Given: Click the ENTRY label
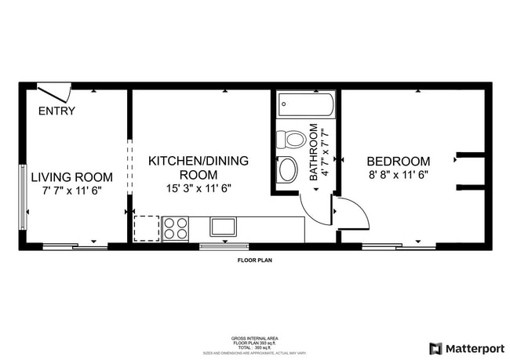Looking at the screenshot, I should click(x=56, y=111).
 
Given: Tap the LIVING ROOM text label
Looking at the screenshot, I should click(x=71, y=177).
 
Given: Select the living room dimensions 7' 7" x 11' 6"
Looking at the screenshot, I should click(x=71, y=190).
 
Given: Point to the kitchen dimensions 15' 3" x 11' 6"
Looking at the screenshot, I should click(x=199, y=188).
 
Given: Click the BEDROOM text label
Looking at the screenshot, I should click(x=399, y=161).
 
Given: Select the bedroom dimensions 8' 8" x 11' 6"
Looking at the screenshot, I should click(x=399, y=175).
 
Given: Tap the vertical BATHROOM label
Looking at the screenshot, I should click(x=314, y=152).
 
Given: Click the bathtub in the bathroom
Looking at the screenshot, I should click(x=306, y=104).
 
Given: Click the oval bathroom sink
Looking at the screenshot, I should click(x=289, y=169).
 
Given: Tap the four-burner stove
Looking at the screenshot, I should click(x=175, y=228).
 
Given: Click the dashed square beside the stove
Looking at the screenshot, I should click(x=146, y=228).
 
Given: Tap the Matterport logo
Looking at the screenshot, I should click(x=468, y=348).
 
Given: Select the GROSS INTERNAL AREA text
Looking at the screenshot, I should click(x=255, y=338).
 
